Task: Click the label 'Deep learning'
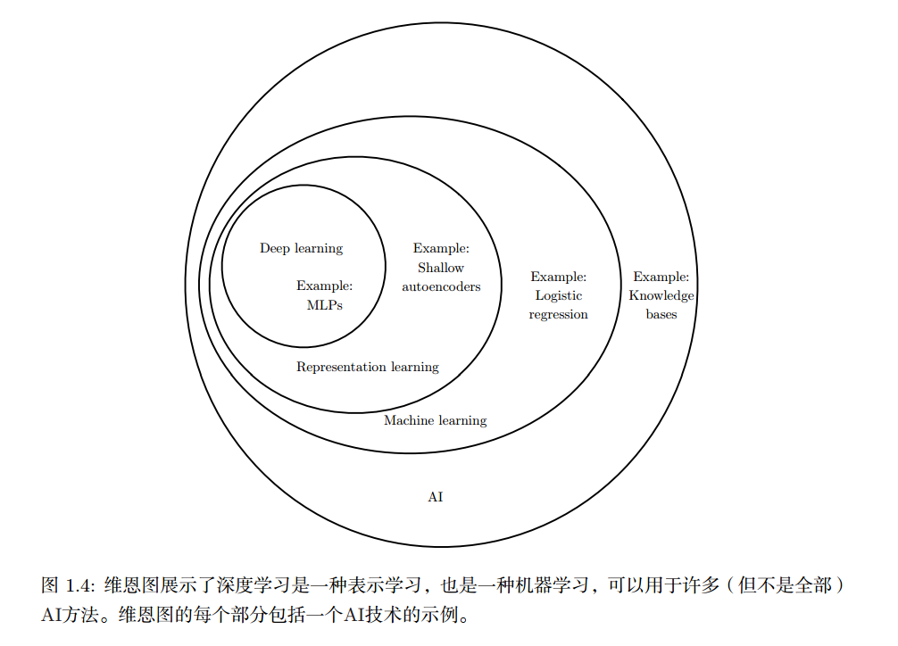pos(301,248)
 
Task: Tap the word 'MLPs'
pos(324,305)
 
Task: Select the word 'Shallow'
pos(441,268)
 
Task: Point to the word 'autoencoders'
pos(441,286)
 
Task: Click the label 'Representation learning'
pos(368,367)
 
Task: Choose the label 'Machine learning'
pos(435,420)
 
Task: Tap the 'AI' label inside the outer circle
pos(436,497)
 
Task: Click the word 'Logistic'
pos(559,295)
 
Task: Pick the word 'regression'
pos(559,314)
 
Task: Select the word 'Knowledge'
pos(661,295)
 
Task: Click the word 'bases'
pos(661,314)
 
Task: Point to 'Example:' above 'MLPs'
pos(325,286)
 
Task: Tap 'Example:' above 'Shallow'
pos(441,249)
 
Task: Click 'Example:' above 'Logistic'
pos(559,277)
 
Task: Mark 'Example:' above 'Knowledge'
pos(661,277)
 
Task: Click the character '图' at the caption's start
pos(49,586)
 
